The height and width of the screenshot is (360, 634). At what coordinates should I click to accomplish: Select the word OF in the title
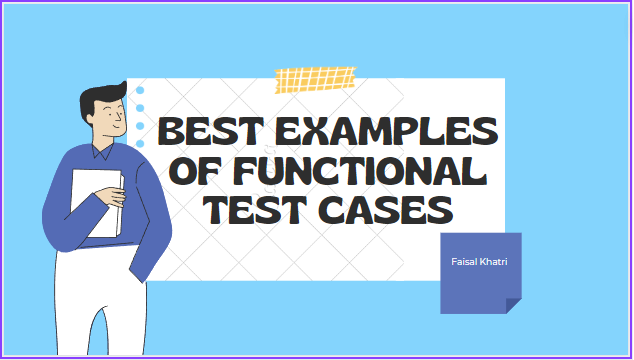tap(194, 171)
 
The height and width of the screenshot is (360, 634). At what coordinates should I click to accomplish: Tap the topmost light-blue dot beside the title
tap(140, 91)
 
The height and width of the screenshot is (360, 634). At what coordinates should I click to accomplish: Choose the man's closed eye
tap(118, 113)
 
